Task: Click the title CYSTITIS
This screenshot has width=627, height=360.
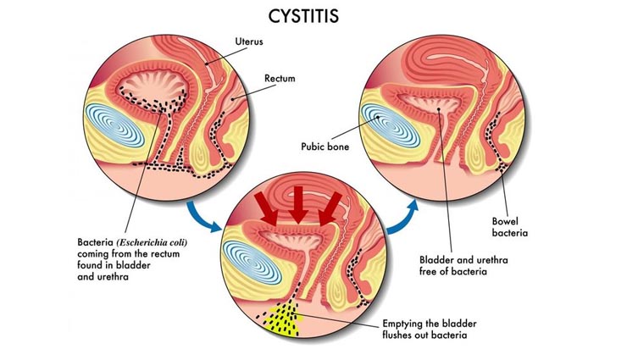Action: [312, 16]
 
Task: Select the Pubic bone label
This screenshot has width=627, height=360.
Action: [326, 146]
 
